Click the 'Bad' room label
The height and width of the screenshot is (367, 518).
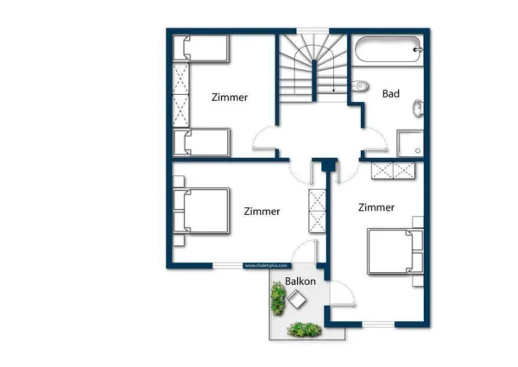click(x=390, y=93)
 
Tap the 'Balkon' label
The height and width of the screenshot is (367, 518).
click(x=300, y=282)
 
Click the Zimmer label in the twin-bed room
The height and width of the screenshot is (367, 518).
click(x=230, y=98)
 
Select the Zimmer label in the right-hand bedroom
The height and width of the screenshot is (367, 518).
click(x=376, y=207)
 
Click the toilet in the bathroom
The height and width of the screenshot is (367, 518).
click(x=362, y=86)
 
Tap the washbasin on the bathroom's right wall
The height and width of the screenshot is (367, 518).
click(x=418, y=109)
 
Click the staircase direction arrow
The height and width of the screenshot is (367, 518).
click(x=334, y=83)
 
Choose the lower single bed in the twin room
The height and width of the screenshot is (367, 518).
click(x=200, y=142)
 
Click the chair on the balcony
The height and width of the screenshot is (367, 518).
click(x=298, y=301)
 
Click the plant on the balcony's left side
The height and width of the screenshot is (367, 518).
click(x=277, y=299)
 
